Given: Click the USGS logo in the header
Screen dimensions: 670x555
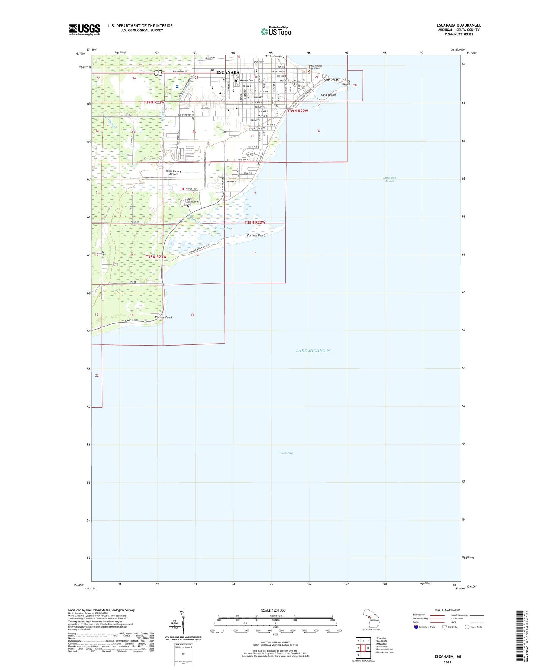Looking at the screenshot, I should tap(84, 30).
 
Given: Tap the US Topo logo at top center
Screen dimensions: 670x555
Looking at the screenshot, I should tap(276, 31).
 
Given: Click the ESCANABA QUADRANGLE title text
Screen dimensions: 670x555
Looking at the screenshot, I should tap(458, 25).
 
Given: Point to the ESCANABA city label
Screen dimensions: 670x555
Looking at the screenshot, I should tap(228, 72).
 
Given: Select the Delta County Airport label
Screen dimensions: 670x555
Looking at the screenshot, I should tap(174, 173).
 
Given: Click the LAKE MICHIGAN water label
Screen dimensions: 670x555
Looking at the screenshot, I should tap(313, 351).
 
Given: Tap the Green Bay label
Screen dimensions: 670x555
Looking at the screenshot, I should tap(285, 453).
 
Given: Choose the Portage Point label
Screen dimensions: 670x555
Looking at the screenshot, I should tap(256, 235).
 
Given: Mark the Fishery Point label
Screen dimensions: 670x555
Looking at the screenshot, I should tap(163, 317).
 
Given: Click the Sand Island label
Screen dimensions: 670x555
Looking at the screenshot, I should tap(328, 95).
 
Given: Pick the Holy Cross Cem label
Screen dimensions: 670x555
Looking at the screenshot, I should tap(193, 200).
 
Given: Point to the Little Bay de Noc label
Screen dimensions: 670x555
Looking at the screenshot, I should tap(390, 179).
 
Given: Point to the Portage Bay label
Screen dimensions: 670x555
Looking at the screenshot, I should tap(223, 228).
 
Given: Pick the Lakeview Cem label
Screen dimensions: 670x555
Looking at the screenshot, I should tap(245, 80).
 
